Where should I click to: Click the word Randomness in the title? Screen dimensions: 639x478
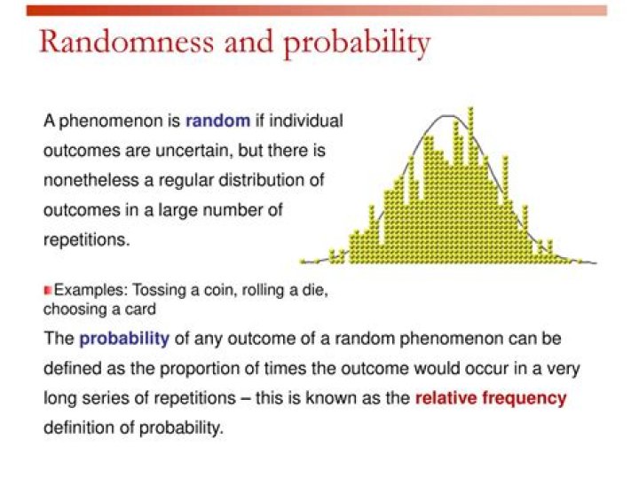point(126,41)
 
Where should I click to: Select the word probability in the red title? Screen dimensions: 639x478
point(357,44)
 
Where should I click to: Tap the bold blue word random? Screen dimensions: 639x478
point(217,121)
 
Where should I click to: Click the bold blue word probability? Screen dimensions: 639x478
point(124,339)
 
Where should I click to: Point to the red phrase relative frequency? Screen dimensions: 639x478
point(491,398)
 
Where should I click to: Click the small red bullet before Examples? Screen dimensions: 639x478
point(48,290)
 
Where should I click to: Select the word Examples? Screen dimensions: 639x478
point(91,291)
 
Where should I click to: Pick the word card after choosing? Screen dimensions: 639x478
point(140,310)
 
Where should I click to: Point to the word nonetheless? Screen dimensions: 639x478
point(91,180)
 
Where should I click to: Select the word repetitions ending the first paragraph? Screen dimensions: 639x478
point(86,240)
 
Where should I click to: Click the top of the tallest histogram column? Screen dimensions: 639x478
point(470,109)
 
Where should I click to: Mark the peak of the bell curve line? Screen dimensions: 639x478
point(448,116)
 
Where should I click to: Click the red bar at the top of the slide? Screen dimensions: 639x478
point(317,11)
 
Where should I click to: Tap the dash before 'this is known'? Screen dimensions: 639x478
point(245,398)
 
